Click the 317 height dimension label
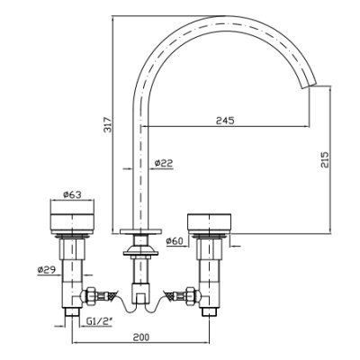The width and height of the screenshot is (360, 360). (107, 124)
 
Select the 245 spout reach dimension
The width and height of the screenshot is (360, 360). (225, 121)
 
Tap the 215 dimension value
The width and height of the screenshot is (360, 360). (325, 159)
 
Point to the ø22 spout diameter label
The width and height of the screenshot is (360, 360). (164, 163)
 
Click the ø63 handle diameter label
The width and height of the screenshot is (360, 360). (72, 194)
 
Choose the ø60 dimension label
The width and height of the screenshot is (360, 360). (175, 240)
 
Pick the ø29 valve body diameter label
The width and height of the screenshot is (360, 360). (47, 270)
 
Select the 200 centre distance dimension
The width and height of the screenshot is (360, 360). (140, 337)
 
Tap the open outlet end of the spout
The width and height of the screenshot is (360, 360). (309, 85)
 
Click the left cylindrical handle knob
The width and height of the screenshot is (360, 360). (72, 219)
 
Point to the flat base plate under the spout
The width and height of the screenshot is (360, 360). (140, 231)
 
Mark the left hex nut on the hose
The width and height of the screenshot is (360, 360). (90, 296)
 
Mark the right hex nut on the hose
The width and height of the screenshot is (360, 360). (191, 296)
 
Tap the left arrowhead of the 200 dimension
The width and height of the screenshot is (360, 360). (75, 342)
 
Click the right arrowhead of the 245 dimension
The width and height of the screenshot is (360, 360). (307, 127)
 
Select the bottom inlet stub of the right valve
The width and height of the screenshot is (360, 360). (209, 312)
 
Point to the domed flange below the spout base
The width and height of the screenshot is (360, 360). (140, 251)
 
